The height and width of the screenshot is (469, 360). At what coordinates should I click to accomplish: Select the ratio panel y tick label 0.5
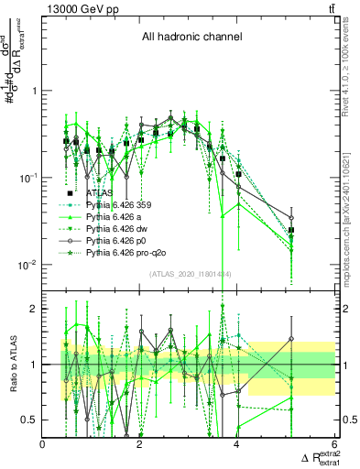click(x=30, y=420)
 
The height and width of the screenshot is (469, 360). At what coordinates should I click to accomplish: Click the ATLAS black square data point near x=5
click(x=291, y=231)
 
